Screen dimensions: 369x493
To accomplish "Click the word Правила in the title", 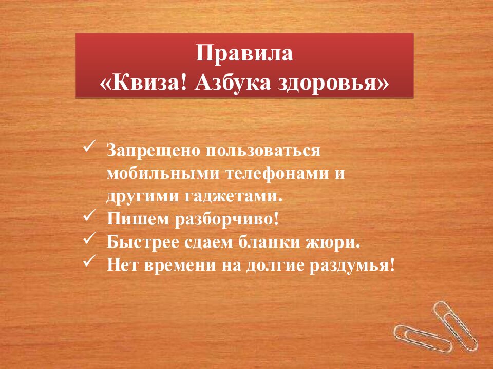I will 244,54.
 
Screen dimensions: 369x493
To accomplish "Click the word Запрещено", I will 155,151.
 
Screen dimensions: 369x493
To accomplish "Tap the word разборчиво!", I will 227,219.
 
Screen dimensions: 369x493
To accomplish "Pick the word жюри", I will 340,241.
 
